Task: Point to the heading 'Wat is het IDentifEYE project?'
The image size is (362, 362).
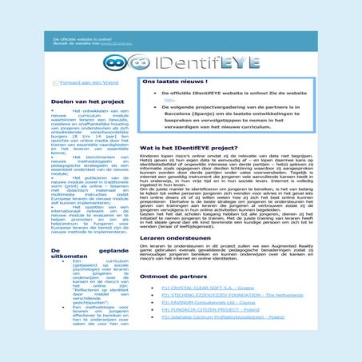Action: pyautogui.click(x=188, y=149)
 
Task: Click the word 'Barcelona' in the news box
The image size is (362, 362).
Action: pyautogui.click(x=179, y=117)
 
